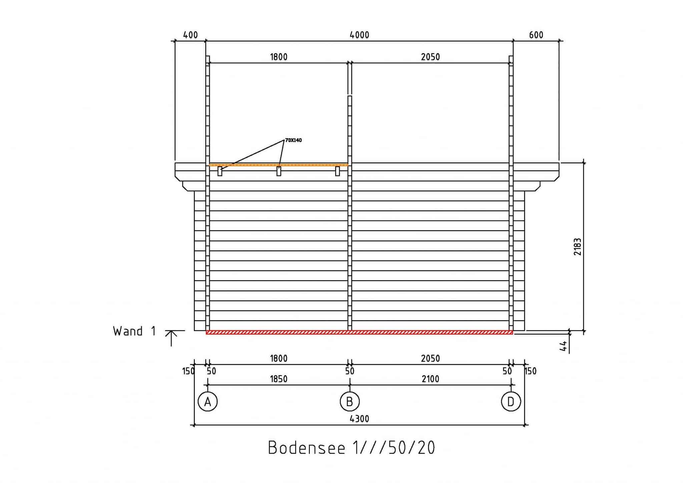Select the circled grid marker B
[350, 401]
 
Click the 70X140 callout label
[293, 140]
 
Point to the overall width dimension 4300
[359, 419]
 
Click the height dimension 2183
[577, 247]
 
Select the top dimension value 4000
[359, 35]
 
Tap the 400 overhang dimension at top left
[190, 35]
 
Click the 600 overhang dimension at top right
[536, 35]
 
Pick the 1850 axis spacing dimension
[278, 379]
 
